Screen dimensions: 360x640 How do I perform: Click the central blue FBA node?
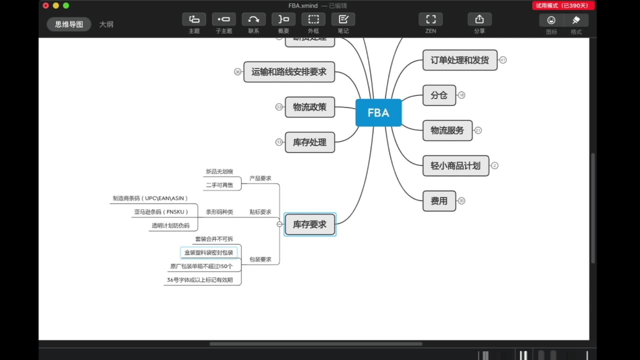pos(378,113)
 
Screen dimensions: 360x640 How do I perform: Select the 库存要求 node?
pos(310,224)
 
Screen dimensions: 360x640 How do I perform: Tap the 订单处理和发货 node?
pos(460,60)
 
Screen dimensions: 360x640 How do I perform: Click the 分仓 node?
pos(439,95)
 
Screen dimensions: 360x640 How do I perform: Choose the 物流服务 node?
pos(447,130)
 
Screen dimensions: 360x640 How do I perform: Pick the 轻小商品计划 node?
pos(455,166)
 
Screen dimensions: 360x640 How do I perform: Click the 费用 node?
pos(439,201)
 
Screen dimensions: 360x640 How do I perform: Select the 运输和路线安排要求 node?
pos(289,72)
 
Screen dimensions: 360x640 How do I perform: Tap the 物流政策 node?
pos(310,107)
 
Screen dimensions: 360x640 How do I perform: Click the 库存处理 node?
pos(310,142)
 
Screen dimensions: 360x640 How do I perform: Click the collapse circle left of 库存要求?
pos(279,224)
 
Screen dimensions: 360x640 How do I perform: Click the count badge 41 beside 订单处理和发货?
pos(503,60)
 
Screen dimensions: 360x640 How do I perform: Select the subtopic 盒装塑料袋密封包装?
pos(209,253)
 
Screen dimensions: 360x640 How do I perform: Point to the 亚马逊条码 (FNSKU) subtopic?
pos(161,212)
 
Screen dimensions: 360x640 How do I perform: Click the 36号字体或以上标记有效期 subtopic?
pos(200,280)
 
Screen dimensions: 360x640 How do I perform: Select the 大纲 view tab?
pos(106,24)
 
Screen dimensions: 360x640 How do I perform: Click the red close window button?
pos(46,6)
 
